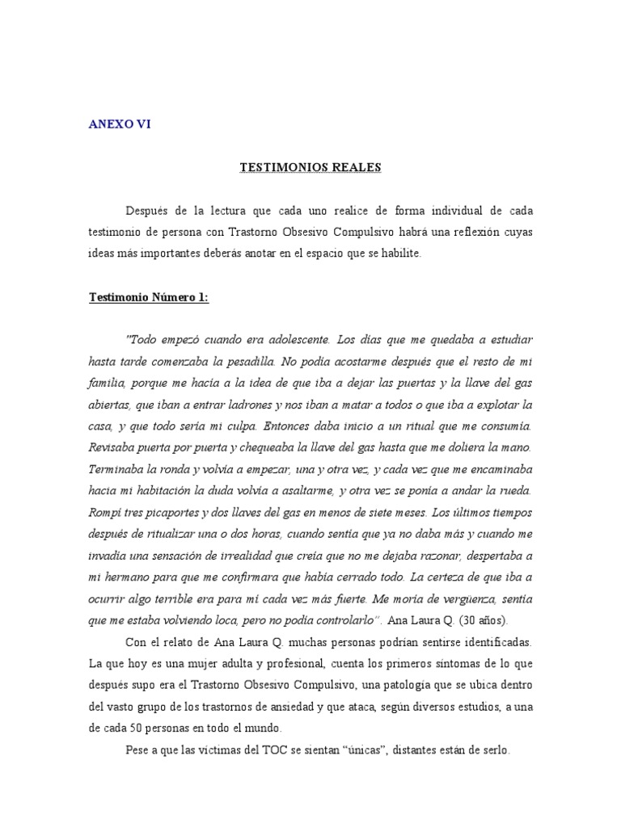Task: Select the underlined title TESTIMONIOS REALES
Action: point(310,167)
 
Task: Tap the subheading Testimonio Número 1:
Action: point(148,297)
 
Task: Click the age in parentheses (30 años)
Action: point(483,621)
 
